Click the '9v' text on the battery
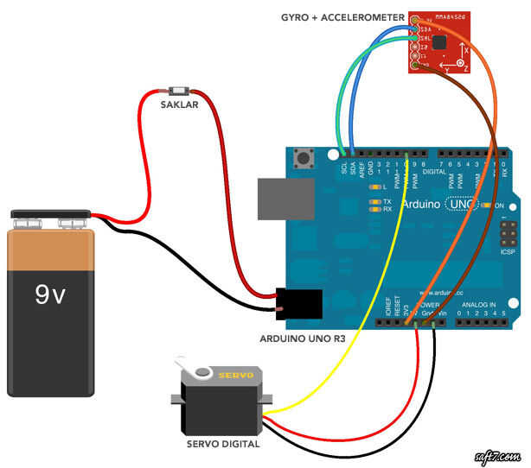(x=49, y=295)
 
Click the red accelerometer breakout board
(x=440, y=43)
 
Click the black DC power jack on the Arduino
(x=299, y=304)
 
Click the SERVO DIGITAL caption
(x=223, y=444)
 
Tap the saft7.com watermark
(x=495, y=455)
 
